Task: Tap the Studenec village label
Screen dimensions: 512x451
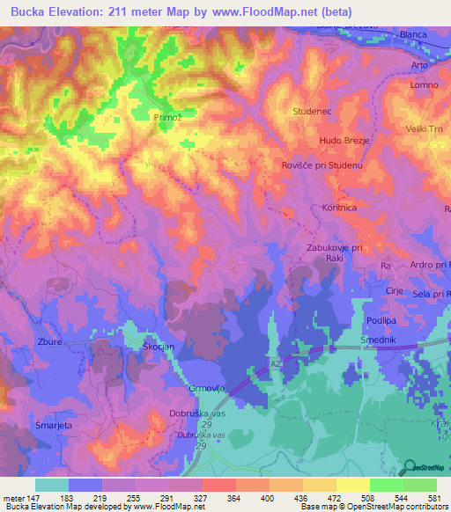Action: click(x=310, y=112)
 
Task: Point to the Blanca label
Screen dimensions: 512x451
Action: click(x=413, y=34)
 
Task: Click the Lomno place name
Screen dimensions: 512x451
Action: click(x=424, y=85)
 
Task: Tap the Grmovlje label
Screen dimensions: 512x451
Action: click(x=183, y=389)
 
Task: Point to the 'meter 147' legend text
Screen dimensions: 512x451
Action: click(x=19, y=499)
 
